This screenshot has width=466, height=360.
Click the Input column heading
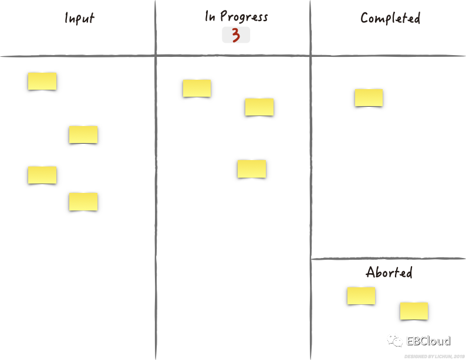pyautogui.click(x=79, y=18)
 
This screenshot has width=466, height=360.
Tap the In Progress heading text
pyautogui.click(x=236, y=16)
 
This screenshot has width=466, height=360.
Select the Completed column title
pyautogui.click(x=390, y=18)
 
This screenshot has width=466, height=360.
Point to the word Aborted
pyautogui.click(x=389, y=273)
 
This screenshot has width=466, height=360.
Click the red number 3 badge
pyautogui.click(x=236, y=35)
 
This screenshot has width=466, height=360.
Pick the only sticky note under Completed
pyautogui.click(x=369, y=97)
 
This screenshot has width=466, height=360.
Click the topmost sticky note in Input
pyautogui.click(x=42, y=81)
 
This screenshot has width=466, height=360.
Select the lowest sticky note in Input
pyautogui.click(x=83, y=202)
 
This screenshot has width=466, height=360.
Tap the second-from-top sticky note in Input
pyautogui.click(x=83, y=134)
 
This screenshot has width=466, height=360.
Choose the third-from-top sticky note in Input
pyautogui.click(x=42, y=175)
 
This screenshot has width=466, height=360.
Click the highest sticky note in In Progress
pyautogui.click(x=197, y=88)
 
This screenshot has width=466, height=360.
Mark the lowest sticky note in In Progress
pyautogui.click(x=252, y=169)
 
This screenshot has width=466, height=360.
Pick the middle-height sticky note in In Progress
pyautogui.click(x=259, y=107)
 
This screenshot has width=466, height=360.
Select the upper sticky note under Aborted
pyautogui.click(x=361, y=296)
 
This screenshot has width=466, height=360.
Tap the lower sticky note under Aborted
pyautogui.click(x=414, y=311)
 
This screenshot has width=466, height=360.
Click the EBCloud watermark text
pyautogui.click(x=428, y=341)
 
